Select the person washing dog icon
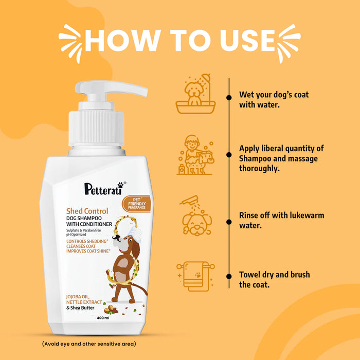pyautogui.click(x=194, y=154)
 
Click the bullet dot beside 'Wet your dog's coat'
pyautogui.click(x=228, y=97)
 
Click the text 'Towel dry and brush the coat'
pyautogui.click(x=275, y=280)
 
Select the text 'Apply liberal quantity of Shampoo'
pyautogui.click(x=281, y=153)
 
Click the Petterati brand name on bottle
pyautogui.click(x=103, y=188)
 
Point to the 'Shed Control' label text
pyautogui.click(x=87, y=211)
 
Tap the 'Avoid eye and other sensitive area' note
pyautogui.click(x=89, y=344)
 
